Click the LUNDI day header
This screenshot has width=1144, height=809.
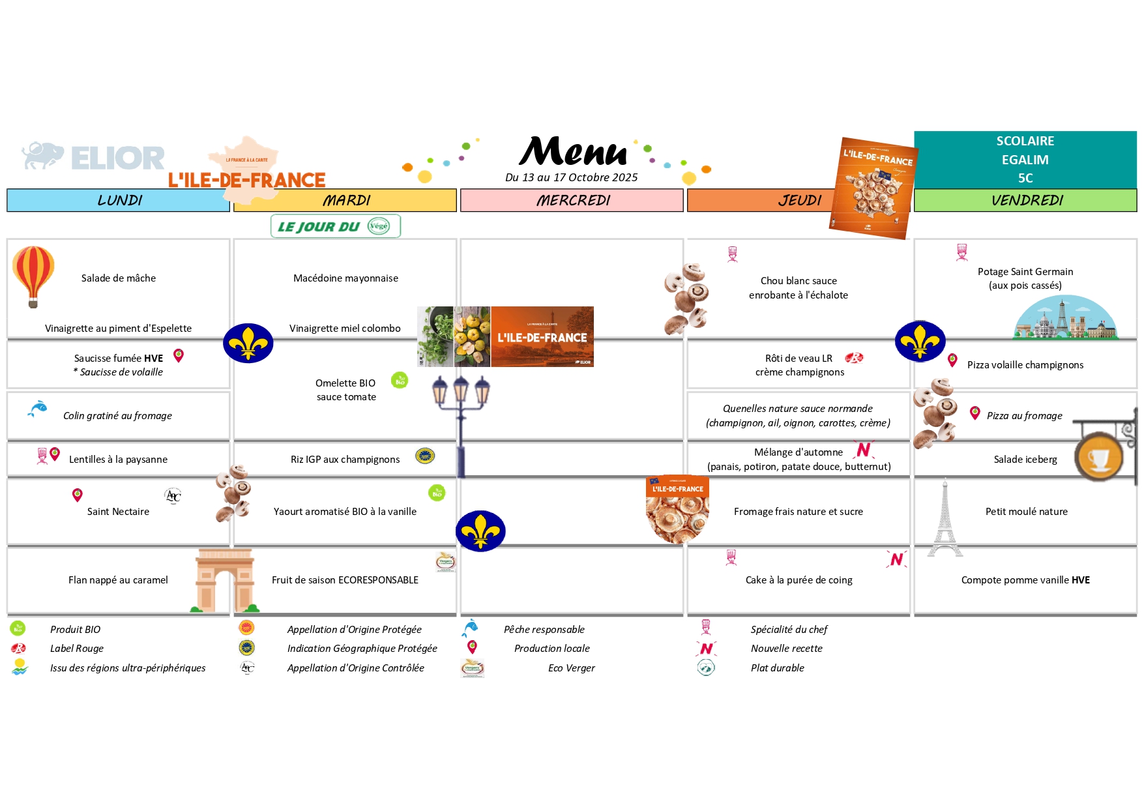point(119,200)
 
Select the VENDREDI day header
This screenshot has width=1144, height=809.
point(1025,200)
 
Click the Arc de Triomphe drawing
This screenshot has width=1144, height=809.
point(225,580)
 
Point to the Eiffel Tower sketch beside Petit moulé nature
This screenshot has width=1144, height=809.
point(945,518)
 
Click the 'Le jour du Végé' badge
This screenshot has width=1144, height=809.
point(335,226)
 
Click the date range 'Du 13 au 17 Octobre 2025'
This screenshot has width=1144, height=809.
point(571,177)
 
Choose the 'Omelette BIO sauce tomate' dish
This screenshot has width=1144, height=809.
point(346,390)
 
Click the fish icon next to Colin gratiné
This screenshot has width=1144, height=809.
point(38,409)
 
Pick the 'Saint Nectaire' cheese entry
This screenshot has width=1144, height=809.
point(118,512)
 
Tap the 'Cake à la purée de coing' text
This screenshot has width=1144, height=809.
point(799,580)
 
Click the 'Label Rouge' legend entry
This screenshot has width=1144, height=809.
point(77,649)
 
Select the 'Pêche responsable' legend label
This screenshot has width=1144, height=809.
point(544,630)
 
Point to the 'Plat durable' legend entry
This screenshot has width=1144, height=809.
point(777,668)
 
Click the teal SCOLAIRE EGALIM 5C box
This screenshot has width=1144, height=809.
point(1025,160)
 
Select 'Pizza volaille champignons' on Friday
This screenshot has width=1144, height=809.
point(1025,365)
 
